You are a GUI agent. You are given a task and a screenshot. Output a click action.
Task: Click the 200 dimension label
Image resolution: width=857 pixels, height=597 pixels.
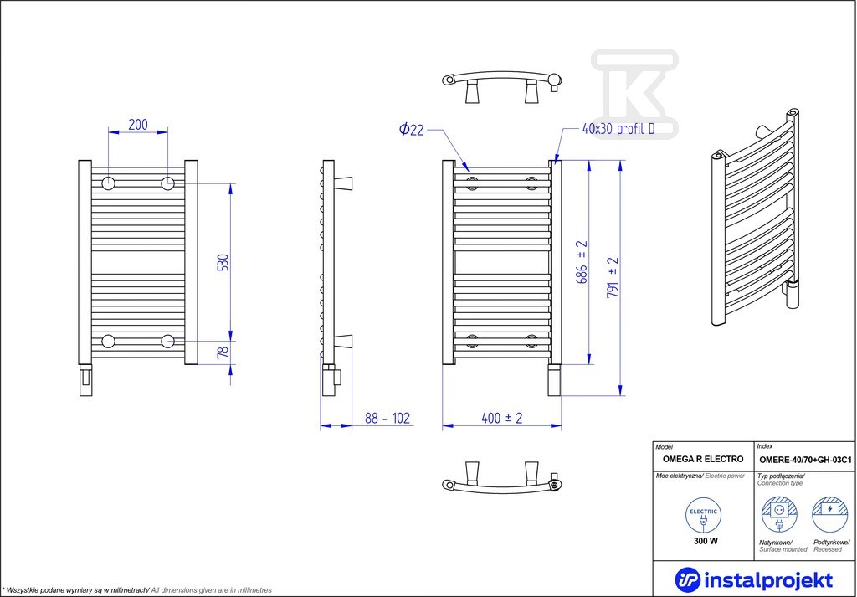click(138, 125)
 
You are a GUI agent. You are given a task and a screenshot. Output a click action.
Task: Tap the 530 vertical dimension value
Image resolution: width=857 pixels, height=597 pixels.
click(223, 263)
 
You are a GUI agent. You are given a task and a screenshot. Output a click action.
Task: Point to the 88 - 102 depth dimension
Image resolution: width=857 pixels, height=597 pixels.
click(387, 418)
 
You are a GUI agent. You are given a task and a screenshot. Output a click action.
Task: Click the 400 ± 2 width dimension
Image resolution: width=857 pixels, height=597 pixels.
click(502, 418)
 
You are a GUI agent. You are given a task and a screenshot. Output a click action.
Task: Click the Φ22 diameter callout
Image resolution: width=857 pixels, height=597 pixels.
click(411, 130)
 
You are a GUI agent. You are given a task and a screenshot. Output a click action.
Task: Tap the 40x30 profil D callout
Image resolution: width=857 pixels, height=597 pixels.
click(618, 130)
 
